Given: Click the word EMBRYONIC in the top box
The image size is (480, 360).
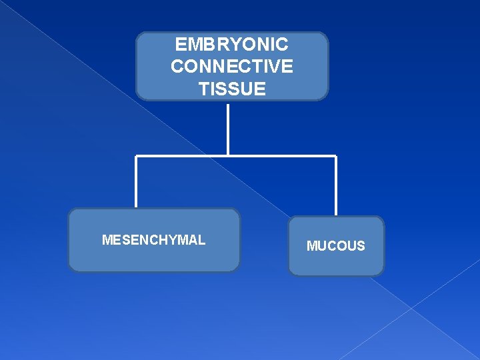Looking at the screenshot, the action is tap(231, 45).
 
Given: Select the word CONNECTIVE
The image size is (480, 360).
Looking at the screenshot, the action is tap(231, 67).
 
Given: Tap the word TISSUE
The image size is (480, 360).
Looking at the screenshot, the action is tap(231, 89).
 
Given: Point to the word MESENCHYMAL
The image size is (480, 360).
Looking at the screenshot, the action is tap(153, 240).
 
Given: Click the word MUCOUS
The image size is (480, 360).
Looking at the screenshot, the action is tap(335, 246).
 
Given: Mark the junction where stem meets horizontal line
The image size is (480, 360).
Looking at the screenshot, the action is tap(228, 156).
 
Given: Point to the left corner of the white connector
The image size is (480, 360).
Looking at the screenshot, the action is tap(136, 157).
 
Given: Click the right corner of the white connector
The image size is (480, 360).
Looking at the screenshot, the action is tap(336, 157).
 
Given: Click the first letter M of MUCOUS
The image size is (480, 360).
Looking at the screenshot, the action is tap(311, 246).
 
